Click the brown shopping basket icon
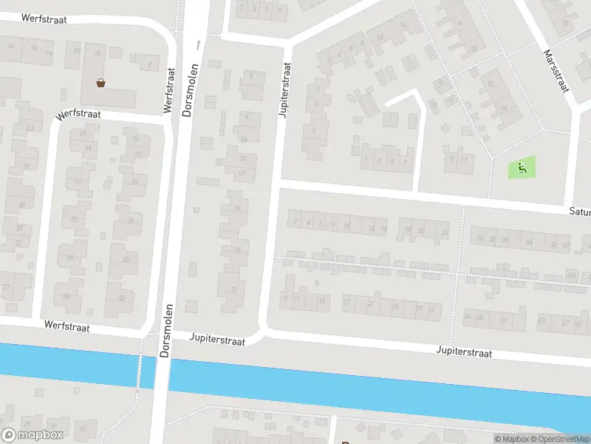point(100,82)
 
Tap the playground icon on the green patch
point(522,169)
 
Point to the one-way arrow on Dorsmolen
point(198,45)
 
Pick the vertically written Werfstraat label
point(169,90)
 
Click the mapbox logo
point(33,435)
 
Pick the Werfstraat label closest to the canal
point(66,326)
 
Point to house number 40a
point(570,275)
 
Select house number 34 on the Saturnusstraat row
point(527,241)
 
